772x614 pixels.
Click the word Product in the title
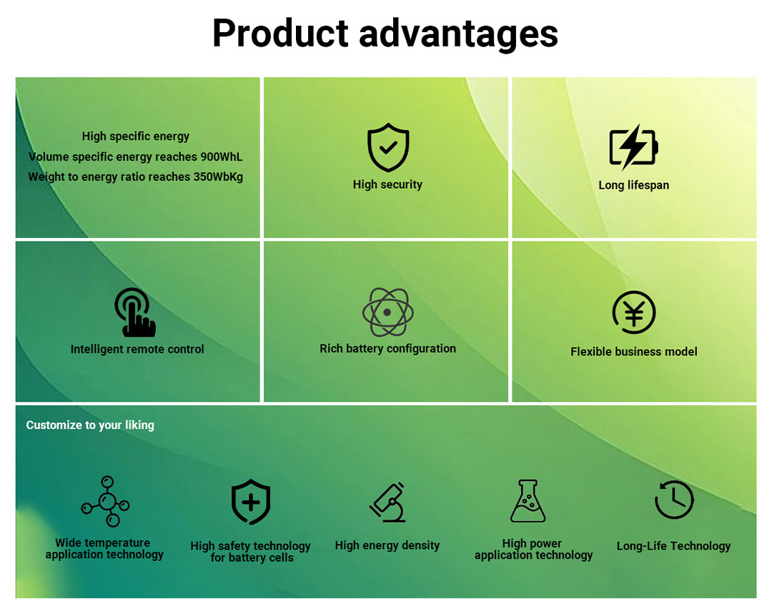tap(281, 34)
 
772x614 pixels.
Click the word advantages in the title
tap(458, 34)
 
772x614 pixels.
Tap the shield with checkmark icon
tap(388, 147)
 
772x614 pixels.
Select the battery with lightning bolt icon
tap(633, 147)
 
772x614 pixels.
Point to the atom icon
tap(388, 312)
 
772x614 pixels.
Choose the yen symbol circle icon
tap(634, 312)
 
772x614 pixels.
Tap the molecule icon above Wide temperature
tap(105, 501)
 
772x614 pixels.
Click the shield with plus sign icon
tap(251, 502)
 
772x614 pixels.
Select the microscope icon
tap(388, 502)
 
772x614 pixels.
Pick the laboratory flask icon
tap(528, 501)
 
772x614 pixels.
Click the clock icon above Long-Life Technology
tap(674, 500)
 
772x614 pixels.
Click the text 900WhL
tap(222, 157)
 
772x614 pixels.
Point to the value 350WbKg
tap(218, 177)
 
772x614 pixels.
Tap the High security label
tap(387, 184)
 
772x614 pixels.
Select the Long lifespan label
tap(633, 185)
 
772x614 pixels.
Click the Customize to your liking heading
tap(90, 425)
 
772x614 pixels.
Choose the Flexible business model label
tap(633, 352)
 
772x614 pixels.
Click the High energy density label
tap(387, 545)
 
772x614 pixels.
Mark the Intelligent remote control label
tap(137, 349)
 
